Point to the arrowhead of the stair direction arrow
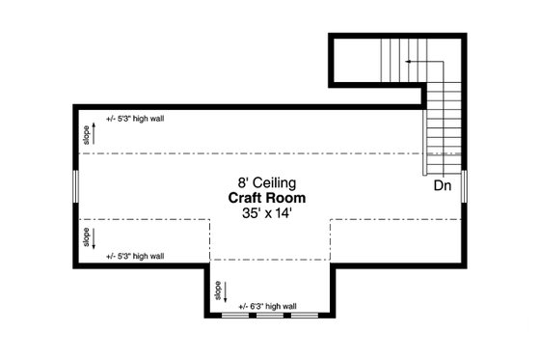pyautogui.click(x=408, y=62)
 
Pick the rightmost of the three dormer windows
pyautogui.click(x=304, y=316)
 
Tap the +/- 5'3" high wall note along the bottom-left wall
pyautogui.click(x=135, y=256)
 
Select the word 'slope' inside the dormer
pyautogui.click(x=218, y=289)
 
